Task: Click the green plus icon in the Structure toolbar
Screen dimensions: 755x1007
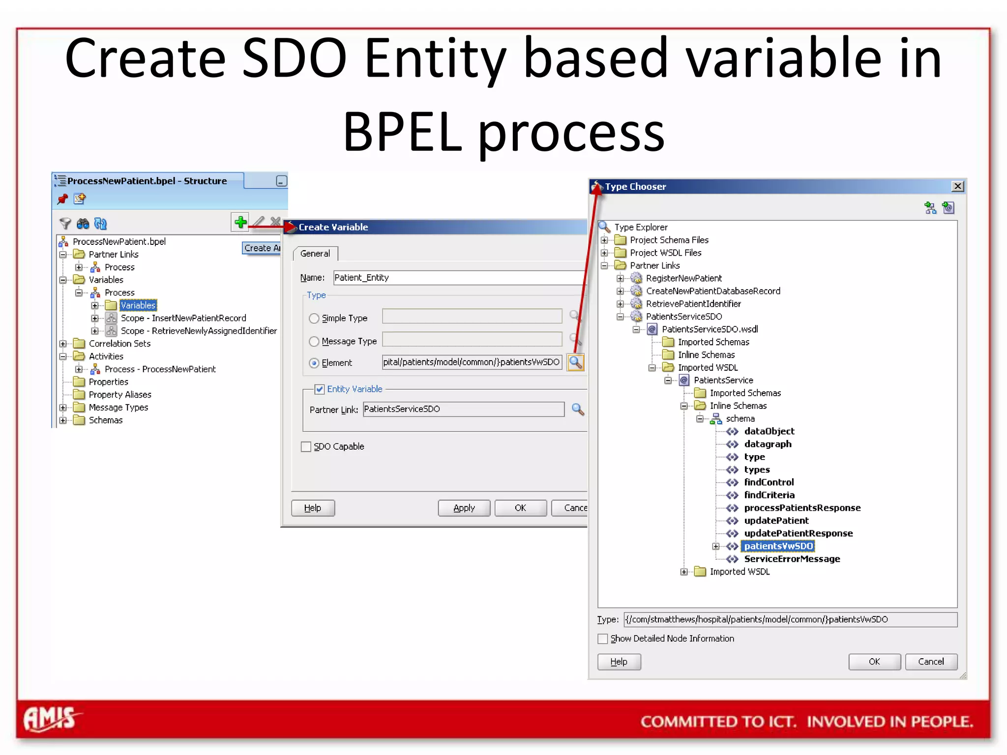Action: [240, 222]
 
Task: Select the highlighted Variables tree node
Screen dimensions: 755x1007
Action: [138, 305]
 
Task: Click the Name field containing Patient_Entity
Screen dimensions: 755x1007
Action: [457, 278]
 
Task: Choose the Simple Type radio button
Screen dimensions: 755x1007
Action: [314, 319]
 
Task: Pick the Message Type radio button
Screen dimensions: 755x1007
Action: [314, 341]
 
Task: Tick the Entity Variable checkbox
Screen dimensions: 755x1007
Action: [320, 389]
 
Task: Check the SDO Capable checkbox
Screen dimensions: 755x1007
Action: [306, 447]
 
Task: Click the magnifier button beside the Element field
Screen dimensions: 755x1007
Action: [575, 363]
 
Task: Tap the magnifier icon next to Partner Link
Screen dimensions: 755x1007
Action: [578, 409]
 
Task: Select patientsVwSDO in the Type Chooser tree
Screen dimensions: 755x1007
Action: [778, 546]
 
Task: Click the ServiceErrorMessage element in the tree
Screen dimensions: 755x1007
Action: [792, 559]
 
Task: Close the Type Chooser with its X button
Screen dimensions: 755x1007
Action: [957, 186]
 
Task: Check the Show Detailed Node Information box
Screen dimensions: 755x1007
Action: [603, 639]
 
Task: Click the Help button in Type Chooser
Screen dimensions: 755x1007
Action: [619, 662]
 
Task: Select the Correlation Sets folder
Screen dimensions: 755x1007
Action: [119, 344]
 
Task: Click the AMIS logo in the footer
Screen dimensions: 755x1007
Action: [51, 719]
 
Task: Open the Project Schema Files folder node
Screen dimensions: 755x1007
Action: [669, 240]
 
